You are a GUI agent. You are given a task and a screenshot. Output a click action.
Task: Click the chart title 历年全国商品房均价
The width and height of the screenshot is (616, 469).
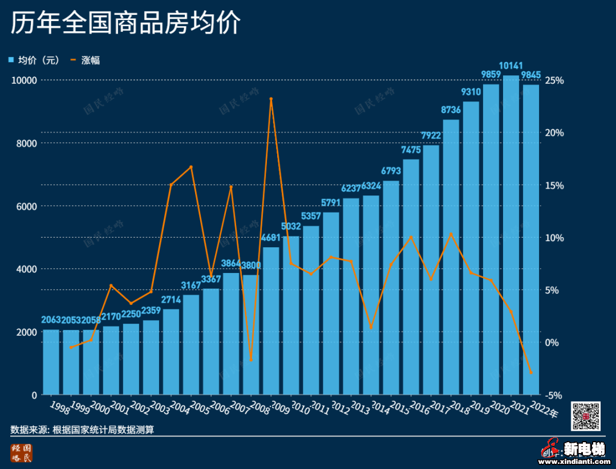(x=125, y=25)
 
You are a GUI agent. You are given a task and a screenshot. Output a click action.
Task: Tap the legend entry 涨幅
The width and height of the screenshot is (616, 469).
(x=85, y=60)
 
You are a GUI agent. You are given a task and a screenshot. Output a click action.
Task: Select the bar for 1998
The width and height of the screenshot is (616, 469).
(x=51, y=362)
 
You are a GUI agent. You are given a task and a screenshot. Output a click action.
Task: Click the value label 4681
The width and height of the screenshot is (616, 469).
(x=271, y=238)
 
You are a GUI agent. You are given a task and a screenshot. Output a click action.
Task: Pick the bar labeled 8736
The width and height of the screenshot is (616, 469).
(x=451, y=256)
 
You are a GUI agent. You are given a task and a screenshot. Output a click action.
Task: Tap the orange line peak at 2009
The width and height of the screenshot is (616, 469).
(x=271, y=99)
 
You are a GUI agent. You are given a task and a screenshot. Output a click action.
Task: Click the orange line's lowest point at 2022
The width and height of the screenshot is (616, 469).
(x=531, y=373)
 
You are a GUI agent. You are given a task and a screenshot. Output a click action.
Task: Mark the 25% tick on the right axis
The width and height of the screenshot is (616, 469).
(x=554, y=80)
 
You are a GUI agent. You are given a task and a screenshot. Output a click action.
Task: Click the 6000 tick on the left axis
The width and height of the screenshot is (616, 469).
(x=24, y=206)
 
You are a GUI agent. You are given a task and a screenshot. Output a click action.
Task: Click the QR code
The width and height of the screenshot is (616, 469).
(x=586, y=416)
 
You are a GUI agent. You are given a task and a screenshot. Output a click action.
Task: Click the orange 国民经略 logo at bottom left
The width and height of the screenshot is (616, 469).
(x=22, y=452)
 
